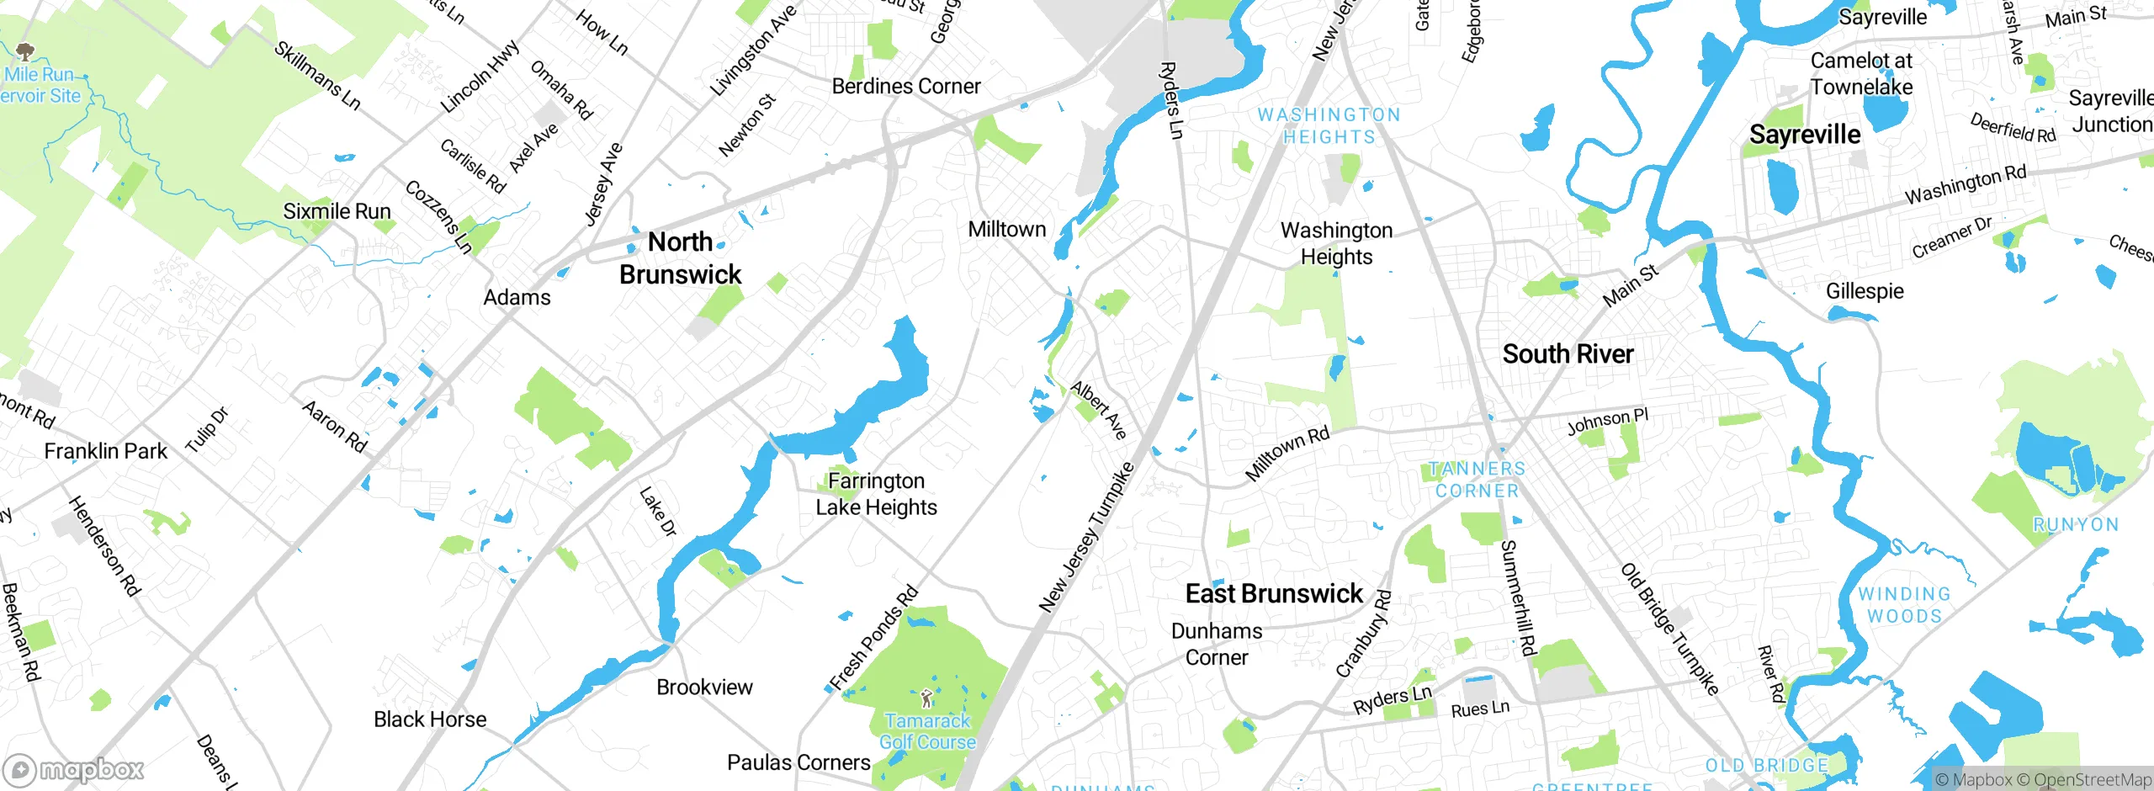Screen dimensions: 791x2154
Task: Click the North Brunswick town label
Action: tap(680, 258)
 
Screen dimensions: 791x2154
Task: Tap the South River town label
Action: tap(1568, 354)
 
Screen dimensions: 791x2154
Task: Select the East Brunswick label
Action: tap(1273, 594)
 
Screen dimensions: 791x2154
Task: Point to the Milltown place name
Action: tap(1006, 229)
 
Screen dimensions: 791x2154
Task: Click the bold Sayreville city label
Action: tap(1805, 135)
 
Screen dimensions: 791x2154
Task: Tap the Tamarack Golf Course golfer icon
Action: tap(926, 698)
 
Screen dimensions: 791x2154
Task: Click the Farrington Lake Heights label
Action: tap(876, 494)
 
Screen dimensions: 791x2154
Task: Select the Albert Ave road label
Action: tap(1098, 410)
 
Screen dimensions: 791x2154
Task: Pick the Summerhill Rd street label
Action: tap(1519, 597)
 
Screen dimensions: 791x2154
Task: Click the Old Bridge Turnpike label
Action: tap(1670, 629)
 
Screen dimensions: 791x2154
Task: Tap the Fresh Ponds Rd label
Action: tap(873, 638)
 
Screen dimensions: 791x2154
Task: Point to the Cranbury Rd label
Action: tap(1364, 634)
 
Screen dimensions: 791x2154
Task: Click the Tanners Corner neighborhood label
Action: tap(1477, 480)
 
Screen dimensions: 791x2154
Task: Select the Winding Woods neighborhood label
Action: tap(1904, 605)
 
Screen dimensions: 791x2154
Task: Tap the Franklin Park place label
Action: tap(106, 452)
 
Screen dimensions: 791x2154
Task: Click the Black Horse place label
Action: tap(430, 719)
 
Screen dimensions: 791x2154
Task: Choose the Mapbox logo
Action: tap(73, 769)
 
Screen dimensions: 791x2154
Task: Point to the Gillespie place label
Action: tap(1865, 291)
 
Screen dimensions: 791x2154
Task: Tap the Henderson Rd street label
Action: tap(103, 546)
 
